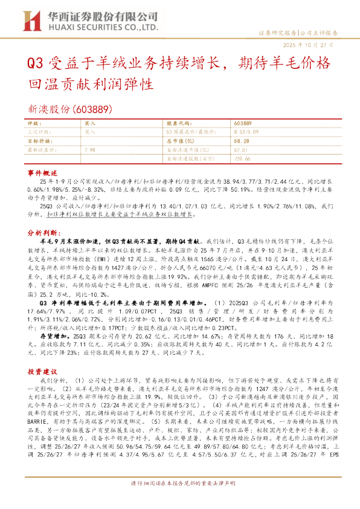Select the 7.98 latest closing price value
[90, 148]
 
